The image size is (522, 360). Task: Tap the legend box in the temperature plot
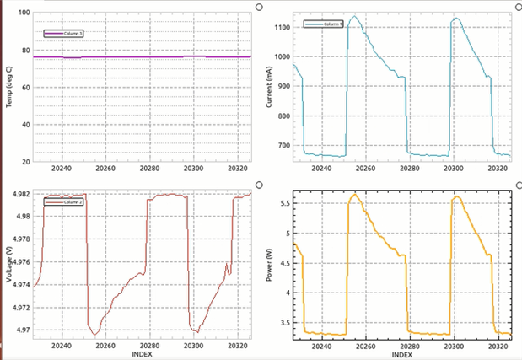click(x=64, y=32)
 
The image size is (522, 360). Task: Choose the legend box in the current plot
click(x=323, y=24)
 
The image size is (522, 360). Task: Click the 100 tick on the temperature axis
click(x=24, y=13)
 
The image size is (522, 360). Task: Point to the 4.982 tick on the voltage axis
click(x=22, y=195)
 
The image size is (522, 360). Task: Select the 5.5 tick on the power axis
click(x=286, y=204)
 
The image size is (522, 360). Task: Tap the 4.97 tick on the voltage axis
click(x=24, y=330)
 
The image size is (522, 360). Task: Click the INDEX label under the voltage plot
click(x=143, y=355)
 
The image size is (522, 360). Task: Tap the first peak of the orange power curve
click(x=355, y=195)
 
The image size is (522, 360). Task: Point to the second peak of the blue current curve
click(x=456, y=18)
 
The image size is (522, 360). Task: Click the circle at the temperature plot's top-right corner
click(x=258, y=6)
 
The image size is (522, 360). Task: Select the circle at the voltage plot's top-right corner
click(x=258, y=185)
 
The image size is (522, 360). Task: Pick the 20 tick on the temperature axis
click(x=25, y=161)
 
